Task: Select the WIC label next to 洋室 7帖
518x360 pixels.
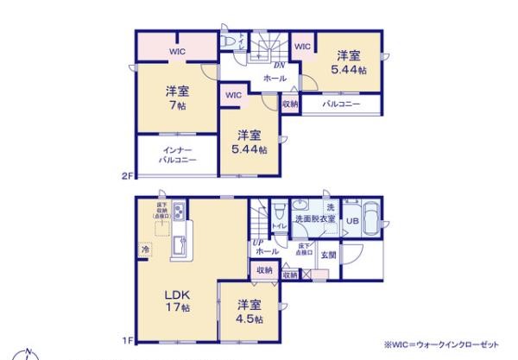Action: pyautogui.click(x=175, y=52)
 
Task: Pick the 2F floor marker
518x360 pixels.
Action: pyautogui.click(x=127, y=177)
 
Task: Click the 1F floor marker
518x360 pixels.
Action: pyautogui.click(x=127, y=340)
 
